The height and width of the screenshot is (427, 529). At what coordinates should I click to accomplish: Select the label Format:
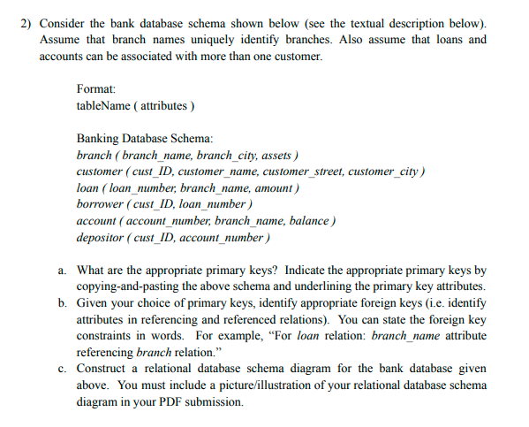click(x=96, y=88)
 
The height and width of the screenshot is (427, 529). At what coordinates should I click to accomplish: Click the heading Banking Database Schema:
click(x=145, y=139)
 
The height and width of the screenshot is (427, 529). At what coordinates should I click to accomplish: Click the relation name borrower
click(x=101, y=204)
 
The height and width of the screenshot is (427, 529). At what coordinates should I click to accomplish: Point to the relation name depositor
click(x=102, y=238)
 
